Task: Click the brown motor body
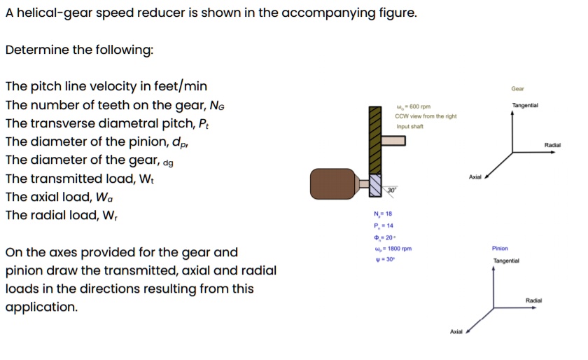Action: coord(334,184)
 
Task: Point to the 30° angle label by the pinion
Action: coord(393,190)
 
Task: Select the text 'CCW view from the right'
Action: coord(426,116)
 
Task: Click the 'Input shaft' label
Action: coord(409,127)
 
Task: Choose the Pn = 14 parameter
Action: coord(384,226)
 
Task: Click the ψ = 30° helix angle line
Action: coord(384,259)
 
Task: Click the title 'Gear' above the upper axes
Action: coord(518,89)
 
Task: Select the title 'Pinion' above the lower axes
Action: coord(500,248)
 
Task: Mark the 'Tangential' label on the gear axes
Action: coord(525,106)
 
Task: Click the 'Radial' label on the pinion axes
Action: coord(533,300)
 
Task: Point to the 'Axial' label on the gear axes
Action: coord(475,177)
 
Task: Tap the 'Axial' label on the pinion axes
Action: coord(456,331)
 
